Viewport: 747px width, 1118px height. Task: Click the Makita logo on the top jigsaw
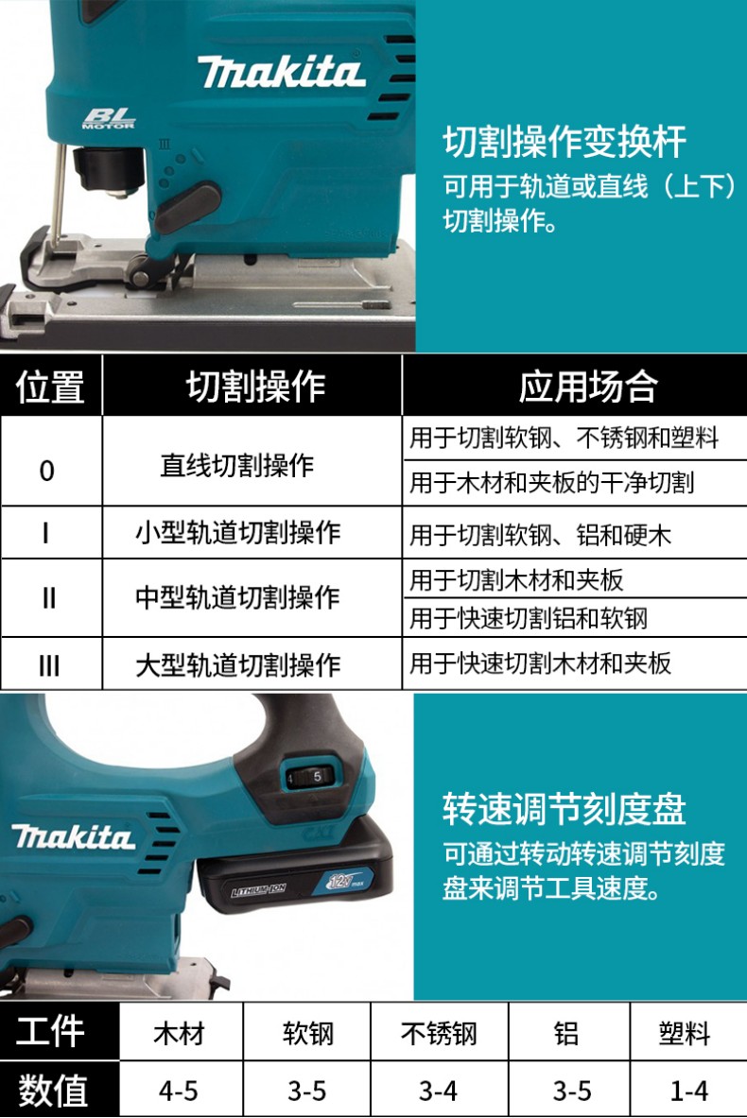click(281, 72)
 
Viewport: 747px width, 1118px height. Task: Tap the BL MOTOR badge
click(109, 118)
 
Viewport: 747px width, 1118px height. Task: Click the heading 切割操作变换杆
click(565, 141)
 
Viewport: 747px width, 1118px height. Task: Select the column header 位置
click(50, 386)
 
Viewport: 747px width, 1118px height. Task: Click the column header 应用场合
click(588, 386)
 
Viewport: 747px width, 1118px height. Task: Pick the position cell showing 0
click(47, 471)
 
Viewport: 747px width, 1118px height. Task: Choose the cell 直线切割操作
click(237, 466)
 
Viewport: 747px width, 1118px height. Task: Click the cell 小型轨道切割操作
click(237, 533)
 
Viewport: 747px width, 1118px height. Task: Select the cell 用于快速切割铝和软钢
click(528, 618)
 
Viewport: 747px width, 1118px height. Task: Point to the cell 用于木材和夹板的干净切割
click(551, 483)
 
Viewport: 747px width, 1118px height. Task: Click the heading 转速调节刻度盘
click(565, 809)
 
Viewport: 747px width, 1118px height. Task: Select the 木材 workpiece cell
click(179, 1032)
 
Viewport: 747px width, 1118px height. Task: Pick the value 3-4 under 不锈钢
click(438, 1091)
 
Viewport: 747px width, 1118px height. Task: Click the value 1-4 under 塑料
click(689, 1091)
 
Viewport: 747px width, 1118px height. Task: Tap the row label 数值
click(53, 1091)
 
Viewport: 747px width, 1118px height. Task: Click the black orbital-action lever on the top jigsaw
click(187, 206)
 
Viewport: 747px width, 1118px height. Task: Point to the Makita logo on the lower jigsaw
click(73, 836)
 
